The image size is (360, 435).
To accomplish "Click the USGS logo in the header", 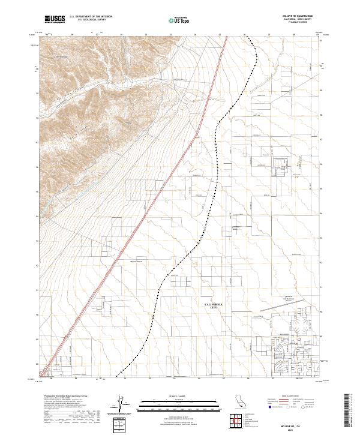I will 55,19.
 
